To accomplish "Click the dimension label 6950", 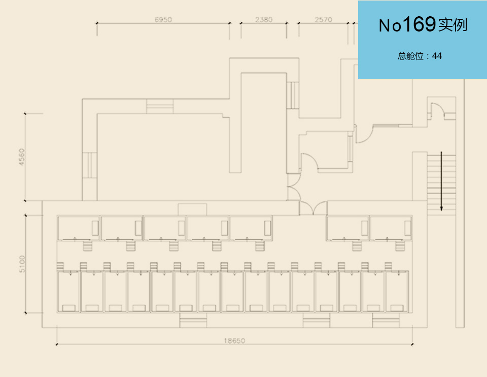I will [x=163, y=20].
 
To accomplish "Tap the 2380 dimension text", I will [x=264, y=20].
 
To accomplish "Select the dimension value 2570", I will [x=323, y=20].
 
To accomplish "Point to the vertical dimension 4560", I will [x=20, y=156].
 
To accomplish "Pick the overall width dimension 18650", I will [x=235, y=341].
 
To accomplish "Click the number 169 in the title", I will [x=419, y=24].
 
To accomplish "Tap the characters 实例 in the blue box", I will [x=453, y=25].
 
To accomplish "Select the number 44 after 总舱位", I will [x=437, y=56].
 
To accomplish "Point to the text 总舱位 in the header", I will [x=410, y=56].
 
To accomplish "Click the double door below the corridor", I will [x=313, y=208].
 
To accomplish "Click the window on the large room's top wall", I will [x=160, y=107].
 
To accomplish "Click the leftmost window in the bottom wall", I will [x=193, y=321].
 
